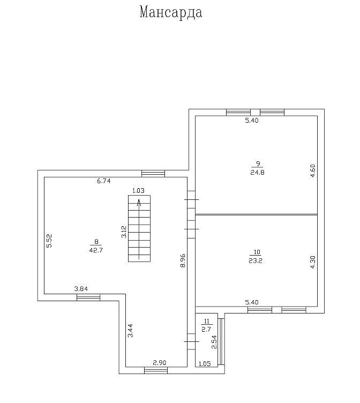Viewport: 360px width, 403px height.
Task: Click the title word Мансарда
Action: click(x=171, y=12)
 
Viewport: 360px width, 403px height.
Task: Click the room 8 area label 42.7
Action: click(x=96, y=250)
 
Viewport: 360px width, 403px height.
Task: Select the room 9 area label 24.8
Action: click(x=257, y=172)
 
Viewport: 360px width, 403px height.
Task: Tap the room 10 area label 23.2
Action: click(x=256, y=260)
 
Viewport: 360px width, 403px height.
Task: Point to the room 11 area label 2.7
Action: click(x=206, y=329)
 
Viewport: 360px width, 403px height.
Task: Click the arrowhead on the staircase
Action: click(x=139, y=203)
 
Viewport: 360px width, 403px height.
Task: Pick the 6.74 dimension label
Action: click(x=103, y=181)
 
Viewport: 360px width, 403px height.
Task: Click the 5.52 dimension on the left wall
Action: click(x=49, y=241)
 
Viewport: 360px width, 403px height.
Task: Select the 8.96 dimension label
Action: click(x=183, y=260)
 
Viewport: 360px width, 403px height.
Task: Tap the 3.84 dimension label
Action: click(x=81, y=289)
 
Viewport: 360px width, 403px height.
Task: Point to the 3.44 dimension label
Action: click(x=130, y=330)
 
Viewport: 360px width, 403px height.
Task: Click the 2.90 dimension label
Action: click(x=160, y=363)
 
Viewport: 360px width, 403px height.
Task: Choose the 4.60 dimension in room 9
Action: click(x=313, y=171)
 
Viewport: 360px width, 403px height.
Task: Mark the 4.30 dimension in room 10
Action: click(x=313, y=262)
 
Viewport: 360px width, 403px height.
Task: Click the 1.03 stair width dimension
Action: click(x=138, y=190)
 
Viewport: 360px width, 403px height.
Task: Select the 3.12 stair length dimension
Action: click(x=124, y=232)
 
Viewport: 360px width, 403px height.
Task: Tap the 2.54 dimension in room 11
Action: click(x=214, y=342)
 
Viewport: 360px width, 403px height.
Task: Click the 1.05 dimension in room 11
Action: click(x=205, y=364)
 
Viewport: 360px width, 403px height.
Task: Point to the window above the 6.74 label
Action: click(x=153, y=174)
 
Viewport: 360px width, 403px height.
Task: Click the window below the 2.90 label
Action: click(x=156, y=370)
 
